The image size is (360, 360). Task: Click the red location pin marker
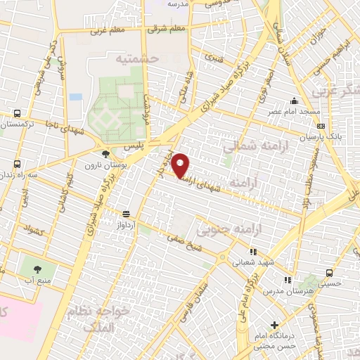(181, 166)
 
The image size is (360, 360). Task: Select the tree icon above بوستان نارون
(105, 153)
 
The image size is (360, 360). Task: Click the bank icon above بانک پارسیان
(321, 126)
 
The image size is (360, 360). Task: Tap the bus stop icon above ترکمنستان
(16, 112)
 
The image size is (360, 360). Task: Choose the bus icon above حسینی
(328, 273)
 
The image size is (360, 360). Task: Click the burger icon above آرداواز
(127, 214)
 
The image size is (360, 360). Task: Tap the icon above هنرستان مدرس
(286, 279)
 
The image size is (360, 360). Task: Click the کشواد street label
(34, 229)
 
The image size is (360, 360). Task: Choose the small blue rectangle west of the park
(75, 96)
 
